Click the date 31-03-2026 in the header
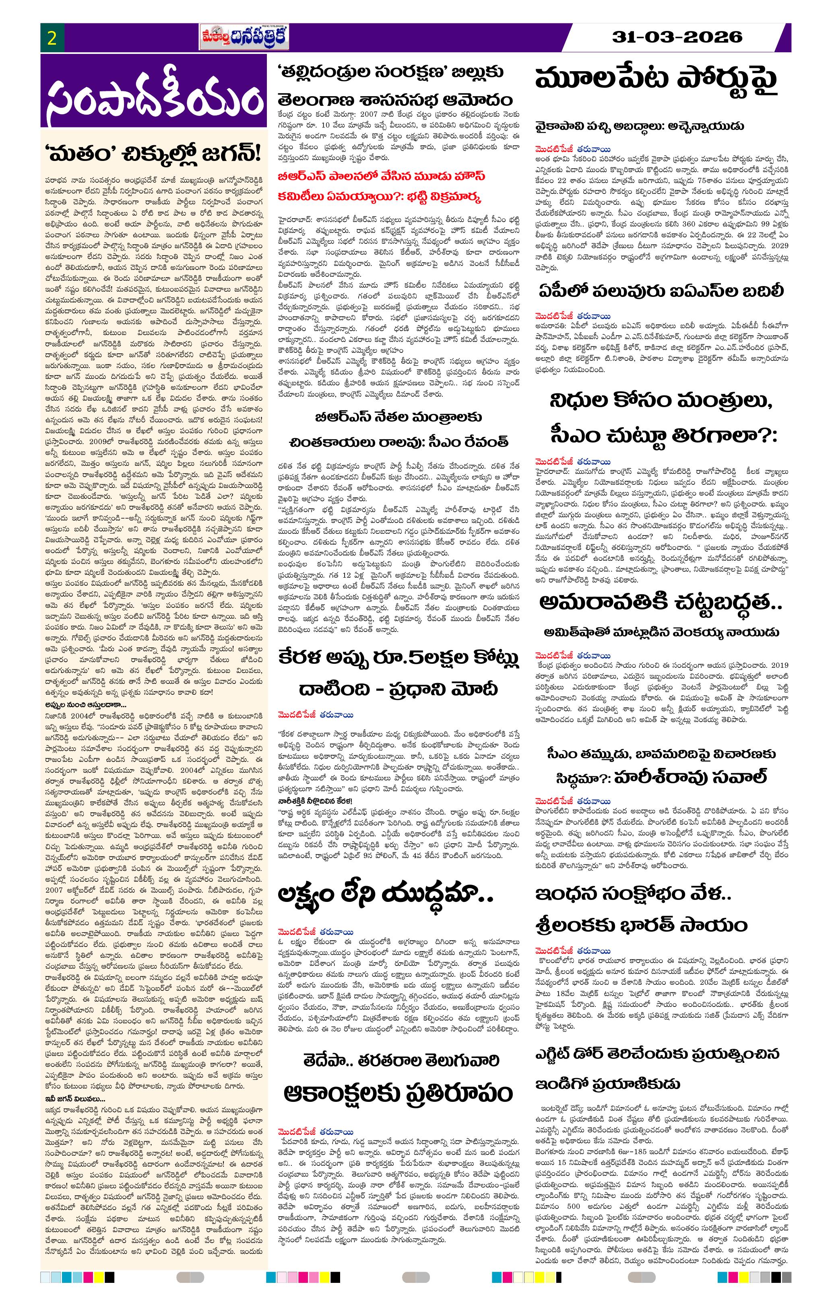pyautogui.click(x=677, y=37)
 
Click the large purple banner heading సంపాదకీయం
pyautogui.click(x=154, y=101)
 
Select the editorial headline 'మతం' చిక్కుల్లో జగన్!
pyautogui.click(x=154, y=155)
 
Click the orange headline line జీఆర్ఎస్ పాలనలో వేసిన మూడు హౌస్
pyautogui.click(x=381, y=177)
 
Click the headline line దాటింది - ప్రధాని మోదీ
pyautogui.click(x=398, y=690)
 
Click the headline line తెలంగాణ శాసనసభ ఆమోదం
pyautogui.click(x=394, y=101)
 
